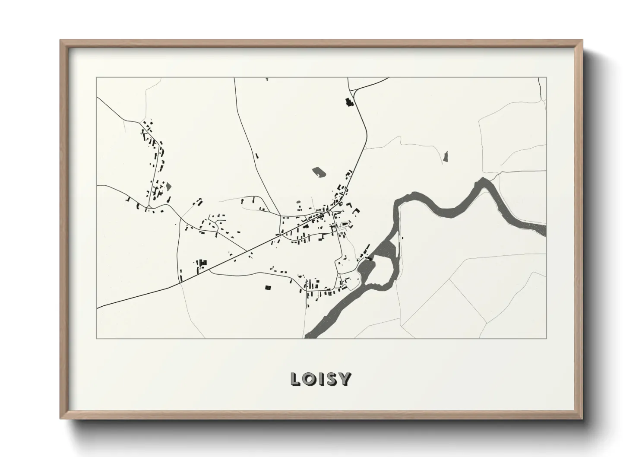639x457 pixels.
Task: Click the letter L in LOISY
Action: tap(296, 379)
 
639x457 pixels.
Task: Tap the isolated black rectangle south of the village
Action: tap(268, 287)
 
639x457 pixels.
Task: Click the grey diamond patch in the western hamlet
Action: tap(168, 186)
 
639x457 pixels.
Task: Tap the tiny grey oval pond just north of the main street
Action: tap(345, 225)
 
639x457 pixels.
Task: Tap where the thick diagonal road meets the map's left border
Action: tap(98, 308)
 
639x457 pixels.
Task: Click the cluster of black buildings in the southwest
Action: tap(201, 264)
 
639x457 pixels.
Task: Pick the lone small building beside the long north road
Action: tap(257, 156)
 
